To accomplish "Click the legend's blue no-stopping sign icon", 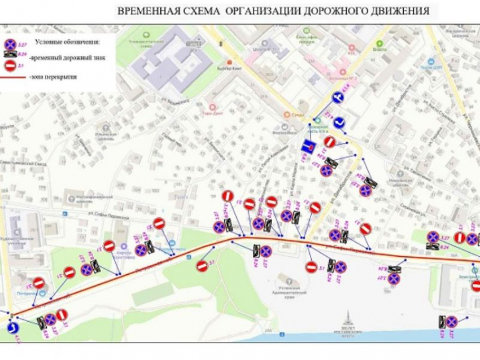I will (x=10, y=44).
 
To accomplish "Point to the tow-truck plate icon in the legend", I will (x=10, y=55).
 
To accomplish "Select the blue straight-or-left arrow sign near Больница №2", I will (x=338, y=98).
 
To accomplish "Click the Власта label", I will (x=379, y=49).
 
